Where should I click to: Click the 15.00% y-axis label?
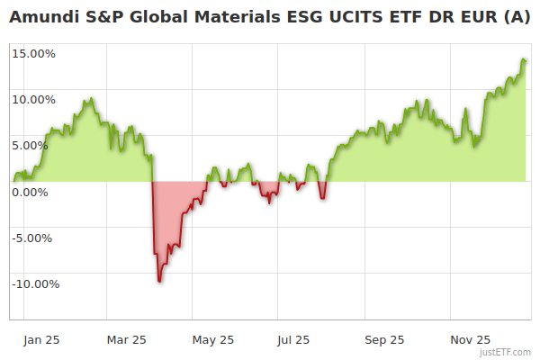[x=33, y=53]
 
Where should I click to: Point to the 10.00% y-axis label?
[x=33, y=99]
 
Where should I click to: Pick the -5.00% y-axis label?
[x=34, y=238]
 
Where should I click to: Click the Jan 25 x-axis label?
[x=41, y=340]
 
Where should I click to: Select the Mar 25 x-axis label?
[x=127, y=340]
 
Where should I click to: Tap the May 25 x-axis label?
[x=213, y=340]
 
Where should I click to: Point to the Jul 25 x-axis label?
[x=292, y=340]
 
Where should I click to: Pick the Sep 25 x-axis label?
[x=384, y=340]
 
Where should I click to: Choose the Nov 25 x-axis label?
[x=470, y=340]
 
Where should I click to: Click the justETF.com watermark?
[x=505, y=353]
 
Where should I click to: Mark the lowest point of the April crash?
[x=159, y=282]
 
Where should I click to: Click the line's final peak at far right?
[x=524, y=59]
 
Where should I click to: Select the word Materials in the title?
[x=221, y=16]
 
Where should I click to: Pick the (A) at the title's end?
[x=517, y=16]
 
